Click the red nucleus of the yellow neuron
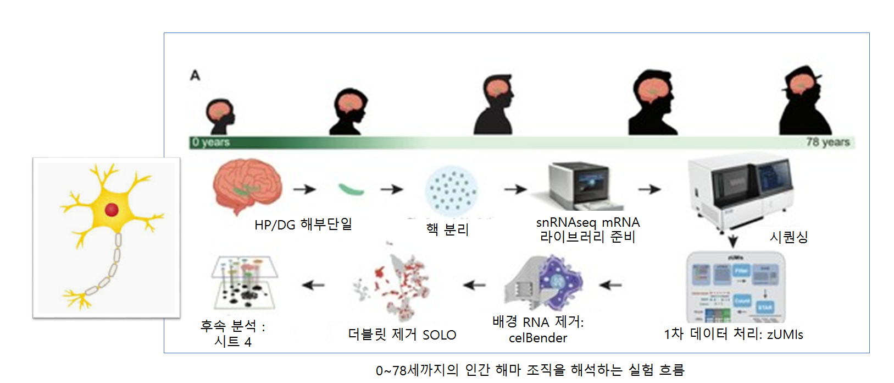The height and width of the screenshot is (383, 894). (x=112, y=209)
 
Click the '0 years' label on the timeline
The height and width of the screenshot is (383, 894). (x=211, y=142)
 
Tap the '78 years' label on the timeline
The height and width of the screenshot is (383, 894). (x=828, y=142)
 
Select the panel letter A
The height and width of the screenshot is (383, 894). (x=195, y=75)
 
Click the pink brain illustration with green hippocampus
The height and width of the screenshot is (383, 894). (x=247, y=185)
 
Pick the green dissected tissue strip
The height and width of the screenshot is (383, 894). (x=351, y=189)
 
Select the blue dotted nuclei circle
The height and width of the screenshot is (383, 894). (x=452, y=191)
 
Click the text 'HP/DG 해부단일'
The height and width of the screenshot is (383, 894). (x=303, y=225)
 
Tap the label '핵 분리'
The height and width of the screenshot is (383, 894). (x=447, y=229)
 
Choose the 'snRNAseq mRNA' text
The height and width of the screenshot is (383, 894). (x=588, y=222)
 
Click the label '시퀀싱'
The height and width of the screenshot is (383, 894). (x=789, y=237)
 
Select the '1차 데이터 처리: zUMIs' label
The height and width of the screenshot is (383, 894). (x=733, y=334)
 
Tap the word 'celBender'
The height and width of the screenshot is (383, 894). (x=538, y=338)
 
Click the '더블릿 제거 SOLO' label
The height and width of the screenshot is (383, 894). (x=402, y=335)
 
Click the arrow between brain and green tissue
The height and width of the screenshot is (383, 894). (x=304, y=189)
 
